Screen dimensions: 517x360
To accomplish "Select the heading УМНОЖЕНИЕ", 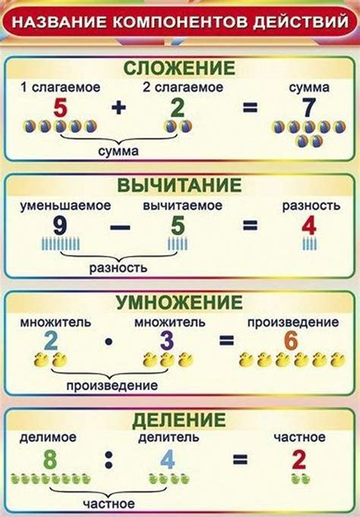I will point(180,303).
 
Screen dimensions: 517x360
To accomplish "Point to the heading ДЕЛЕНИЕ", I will point(180,419).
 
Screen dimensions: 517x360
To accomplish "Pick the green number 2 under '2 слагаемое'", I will point(178,108).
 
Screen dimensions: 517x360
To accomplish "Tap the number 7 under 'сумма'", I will point(308,108).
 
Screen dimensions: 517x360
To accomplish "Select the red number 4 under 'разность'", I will point(308,225).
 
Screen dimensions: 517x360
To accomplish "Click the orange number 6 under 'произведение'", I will point(291,341).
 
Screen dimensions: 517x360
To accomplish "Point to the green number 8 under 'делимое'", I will point(50,459).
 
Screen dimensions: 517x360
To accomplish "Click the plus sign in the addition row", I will point(117,108).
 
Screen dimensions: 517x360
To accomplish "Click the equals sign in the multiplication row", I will point(226,341).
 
